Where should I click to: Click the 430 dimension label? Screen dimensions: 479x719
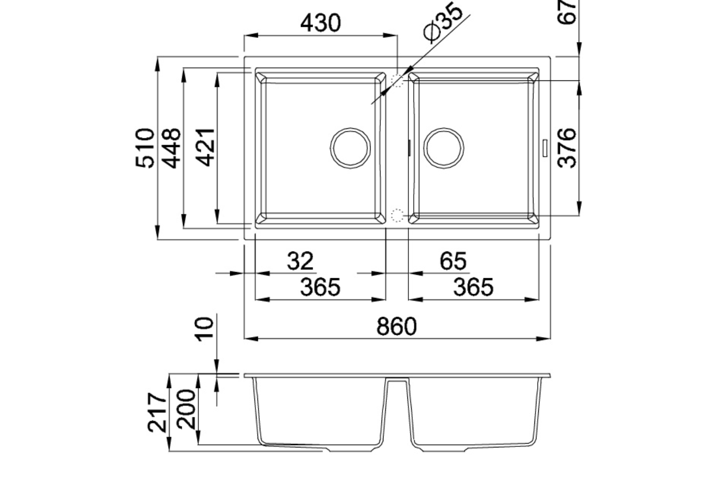point(320,23)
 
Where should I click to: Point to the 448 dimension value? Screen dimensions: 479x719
point(171,148)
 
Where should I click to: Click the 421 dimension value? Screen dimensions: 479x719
point(206,148)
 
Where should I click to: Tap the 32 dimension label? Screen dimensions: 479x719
point(300,261)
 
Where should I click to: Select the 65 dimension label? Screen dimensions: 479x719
point(453,261)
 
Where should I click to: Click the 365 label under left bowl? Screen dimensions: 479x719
point(320,287)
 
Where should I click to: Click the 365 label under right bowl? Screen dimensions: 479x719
point(473,287)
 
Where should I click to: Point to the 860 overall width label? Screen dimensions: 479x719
point(397,327)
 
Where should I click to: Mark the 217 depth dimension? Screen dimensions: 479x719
point(157,412)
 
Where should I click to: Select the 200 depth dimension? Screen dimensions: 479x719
point(186,409)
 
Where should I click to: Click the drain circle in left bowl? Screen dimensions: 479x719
point(351,148)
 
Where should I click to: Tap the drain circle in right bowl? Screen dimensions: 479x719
point(443,148)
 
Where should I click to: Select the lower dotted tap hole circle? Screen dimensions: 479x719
point(397,216)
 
